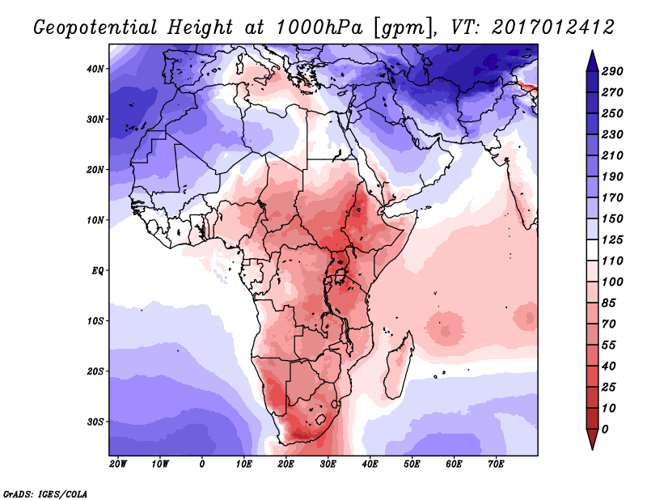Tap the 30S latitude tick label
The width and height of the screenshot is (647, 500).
[x=95, y=422]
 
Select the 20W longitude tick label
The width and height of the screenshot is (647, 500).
[x=118, y=464]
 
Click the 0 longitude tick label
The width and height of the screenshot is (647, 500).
[x=202, y=464]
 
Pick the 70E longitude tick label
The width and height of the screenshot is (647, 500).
[x=497, y=464]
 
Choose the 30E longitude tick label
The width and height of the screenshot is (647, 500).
[x=328, y=464]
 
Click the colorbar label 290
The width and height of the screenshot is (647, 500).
[x=611, y=72]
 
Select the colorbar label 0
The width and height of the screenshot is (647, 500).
[x=606, y=428]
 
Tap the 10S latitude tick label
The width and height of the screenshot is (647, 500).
[x=95, y=320]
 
